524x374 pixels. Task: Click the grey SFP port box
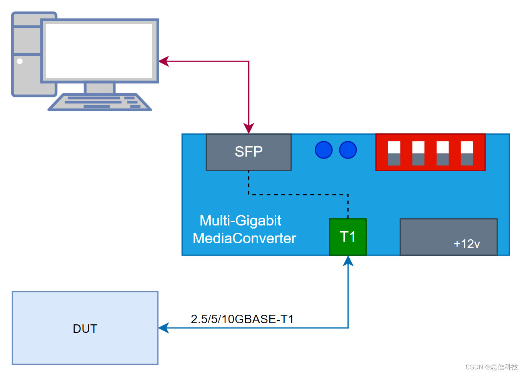[x=249, y=152]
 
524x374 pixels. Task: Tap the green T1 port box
[x=348, y=237]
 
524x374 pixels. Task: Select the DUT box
[x=85, y=328]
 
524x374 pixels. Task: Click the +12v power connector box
[x=449, y=237]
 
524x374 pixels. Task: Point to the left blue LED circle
[x=324, y=150]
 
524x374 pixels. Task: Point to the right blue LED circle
[x=348, y=150]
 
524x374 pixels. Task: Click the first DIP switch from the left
[x=394, y=153]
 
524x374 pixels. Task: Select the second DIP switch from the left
[x=418, y=153]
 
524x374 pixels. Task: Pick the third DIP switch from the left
[x=442, y=153]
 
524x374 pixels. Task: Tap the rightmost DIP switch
[x=467, y=153]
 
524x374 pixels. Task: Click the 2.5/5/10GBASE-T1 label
[x=242, y=319]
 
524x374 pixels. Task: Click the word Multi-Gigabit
[x=240, y=220]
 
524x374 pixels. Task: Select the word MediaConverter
[x=244, y=238]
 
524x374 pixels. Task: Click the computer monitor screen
[x=99, y=51]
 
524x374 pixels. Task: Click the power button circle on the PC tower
[x=20, y=61]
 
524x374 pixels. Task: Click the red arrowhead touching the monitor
[x=164, y=61]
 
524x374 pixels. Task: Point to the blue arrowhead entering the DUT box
[x=164, y=328]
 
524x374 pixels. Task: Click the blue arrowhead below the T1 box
[x=348, y=261]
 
